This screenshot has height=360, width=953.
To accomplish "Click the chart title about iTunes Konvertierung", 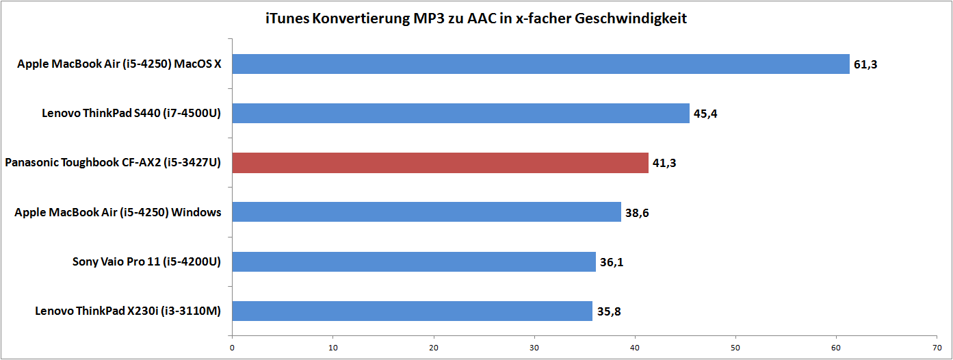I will tap(476, 18).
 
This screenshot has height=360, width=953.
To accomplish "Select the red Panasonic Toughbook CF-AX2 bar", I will tap(440, 163).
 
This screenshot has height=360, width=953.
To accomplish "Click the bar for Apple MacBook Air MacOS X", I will tap(540, 64).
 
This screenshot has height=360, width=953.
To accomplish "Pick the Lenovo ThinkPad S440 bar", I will tap(460, 114).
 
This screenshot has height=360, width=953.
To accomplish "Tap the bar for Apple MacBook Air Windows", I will tap(426, 212).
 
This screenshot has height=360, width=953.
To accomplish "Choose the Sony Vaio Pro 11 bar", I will tap(414, 261).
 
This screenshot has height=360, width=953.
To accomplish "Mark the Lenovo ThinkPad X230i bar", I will tap(412, 311).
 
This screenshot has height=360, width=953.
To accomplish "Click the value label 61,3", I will tap(865, 65).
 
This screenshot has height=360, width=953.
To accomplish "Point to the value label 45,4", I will tap(705, 114).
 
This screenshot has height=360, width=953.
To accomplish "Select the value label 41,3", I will tap(664, 164).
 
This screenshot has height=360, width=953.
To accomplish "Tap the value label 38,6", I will tap(637, 213).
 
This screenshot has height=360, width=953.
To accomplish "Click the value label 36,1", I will tap(612, 262).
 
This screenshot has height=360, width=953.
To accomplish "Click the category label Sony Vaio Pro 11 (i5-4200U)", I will tap(146, 261).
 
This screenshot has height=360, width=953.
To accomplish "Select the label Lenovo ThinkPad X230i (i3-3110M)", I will tap(128, 311).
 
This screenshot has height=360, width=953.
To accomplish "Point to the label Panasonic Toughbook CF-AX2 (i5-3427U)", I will tap(113, 163).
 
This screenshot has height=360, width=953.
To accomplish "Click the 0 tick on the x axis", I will tap(233, 346).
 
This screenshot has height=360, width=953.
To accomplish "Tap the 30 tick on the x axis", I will tap(534, 346).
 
